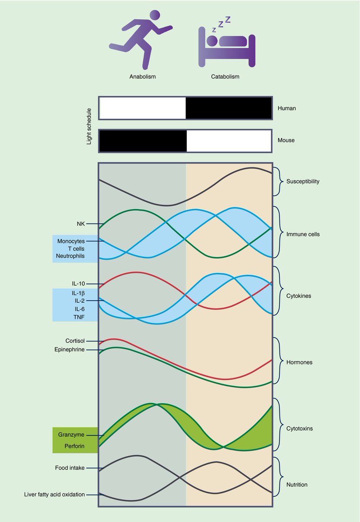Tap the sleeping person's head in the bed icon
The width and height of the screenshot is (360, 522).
212,40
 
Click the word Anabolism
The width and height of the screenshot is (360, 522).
142,77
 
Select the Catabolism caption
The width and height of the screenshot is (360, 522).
225,77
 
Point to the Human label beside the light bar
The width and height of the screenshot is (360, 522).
286,108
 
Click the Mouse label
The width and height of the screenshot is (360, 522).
286,140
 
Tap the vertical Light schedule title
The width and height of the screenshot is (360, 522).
89,126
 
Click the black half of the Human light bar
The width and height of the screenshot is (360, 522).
229,108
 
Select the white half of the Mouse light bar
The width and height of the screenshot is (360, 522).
229,141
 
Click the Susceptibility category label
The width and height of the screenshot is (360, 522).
303,181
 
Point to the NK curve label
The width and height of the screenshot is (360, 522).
81,224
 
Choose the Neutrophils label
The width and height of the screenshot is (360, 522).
70,256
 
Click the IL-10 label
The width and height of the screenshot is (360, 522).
78,284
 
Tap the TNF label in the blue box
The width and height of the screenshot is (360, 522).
79,317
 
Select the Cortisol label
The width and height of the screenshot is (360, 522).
75,341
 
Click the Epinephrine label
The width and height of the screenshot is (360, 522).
70,350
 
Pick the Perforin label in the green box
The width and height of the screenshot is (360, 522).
74,446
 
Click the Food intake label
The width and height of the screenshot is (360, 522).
70,468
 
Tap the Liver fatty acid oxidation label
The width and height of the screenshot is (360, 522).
54,495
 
